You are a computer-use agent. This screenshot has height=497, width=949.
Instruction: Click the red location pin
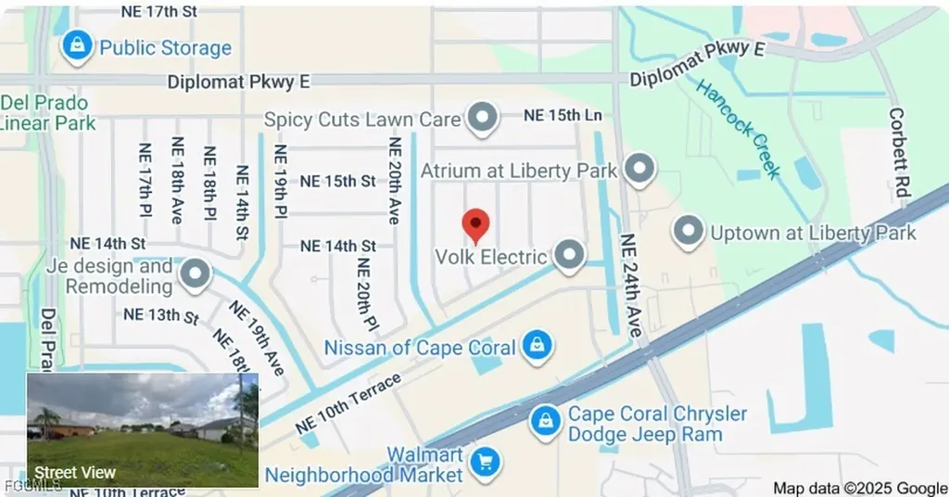pos(475,223)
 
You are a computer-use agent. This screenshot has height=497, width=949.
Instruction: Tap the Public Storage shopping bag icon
pos(77,45)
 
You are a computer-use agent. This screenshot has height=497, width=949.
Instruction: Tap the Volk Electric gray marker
pos(568,254)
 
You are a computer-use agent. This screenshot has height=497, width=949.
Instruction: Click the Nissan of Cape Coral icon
pos(537,347)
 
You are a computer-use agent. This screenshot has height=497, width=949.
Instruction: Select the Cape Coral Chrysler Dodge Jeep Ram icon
pos(545,422)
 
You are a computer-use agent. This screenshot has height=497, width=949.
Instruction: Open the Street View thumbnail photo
pos(143,429)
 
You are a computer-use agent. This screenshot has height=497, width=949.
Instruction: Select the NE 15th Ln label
pos(563,115)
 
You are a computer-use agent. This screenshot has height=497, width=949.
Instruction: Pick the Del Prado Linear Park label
pos(46,112)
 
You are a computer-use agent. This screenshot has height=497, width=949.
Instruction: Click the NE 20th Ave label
pos(395,181)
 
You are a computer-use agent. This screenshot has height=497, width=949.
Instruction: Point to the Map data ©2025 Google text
pos(859,488)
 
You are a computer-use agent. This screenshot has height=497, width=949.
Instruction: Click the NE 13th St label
pos(161,315)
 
